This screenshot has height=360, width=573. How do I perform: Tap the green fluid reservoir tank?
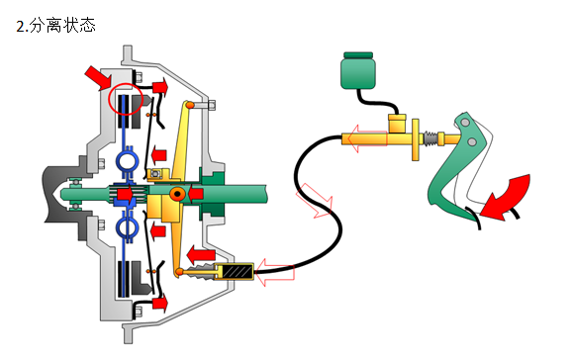[x=358, y=71]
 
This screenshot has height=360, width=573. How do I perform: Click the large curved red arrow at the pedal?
[x=508, y=199]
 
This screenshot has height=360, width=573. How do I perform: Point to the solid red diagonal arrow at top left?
[x=98, y=77]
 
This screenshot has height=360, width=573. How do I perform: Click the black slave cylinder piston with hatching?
[x=238, y=271]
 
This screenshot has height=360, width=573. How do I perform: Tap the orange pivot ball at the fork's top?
[x=190, y=105]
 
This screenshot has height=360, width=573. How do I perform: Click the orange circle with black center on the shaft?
[x=177, y=194]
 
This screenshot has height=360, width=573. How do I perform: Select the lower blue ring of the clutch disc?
[x=127, y=227]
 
